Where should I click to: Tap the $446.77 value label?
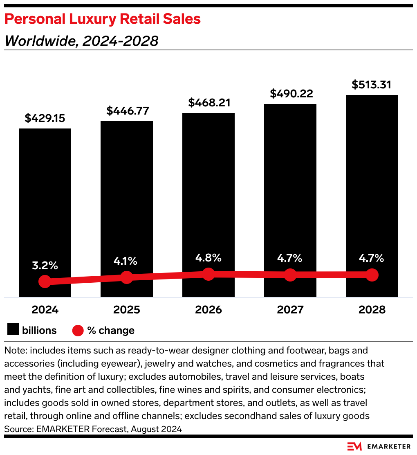(127, 111)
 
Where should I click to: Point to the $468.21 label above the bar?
(208, 103)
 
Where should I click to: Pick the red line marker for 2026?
(208, 274)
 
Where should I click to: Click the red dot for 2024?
(45, 282)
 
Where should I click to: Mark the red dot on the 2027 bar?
(290, 275)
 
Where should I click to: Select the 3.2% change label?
(45, 265)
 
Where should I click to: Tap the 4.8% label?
(208, 258)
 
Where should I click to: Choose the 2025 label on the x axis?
(127, 310)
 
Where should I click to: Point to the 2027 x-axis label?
(290, 310)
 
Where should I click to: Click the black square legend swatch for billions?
(13, 330)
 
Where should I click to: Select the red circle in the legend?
(78, 331)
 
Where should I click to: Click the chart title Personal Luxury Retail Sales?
(103, 19)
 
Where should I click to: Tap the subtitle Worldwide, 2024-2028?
(81, 41)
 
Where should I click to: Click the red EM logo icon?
(354, 446)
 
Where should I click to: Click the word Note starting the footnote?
(15, 351)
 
